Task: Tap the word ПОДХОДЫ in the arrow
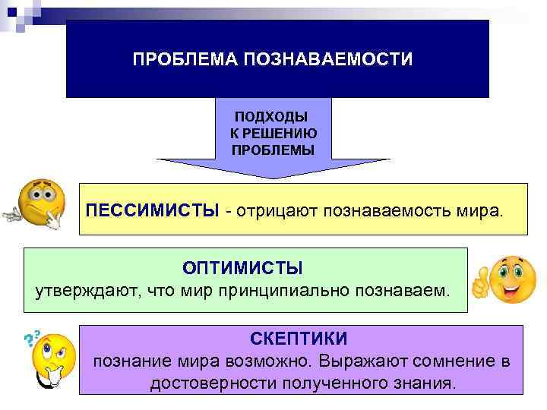271,117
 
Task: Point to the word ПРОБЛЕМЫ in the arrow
273,149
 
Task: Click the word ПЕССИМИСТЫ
152,209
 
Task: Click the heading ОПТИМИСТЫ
242,268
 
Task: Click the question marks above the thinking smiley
33,337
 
